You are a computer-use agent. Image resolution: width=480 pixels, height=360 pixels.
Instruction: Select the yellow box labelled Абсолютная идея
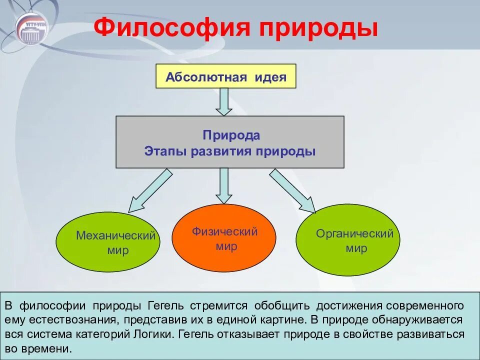(x=226, y=77)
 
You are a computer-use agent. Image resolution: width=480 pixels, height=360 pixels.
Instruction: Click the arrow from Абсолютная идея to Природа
(x=223, y=101)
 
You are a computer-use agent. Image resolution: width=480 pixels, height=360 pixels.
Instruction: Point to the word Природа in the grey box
(x=231, y=135)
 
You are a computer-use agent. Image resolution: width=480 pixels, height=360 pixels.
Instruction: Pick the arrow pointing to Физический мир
(x=223, y=185)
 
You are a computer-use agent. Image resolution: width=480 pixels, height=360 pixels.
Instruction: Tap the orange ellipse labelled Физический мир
(x=223, y=238)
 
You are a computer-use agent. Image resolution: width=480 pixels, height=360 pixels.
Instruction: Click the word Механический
(x=116, y=235)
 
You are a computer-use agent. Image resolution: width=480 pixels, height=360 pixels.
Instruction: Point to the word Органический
(x=354, y=233)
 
